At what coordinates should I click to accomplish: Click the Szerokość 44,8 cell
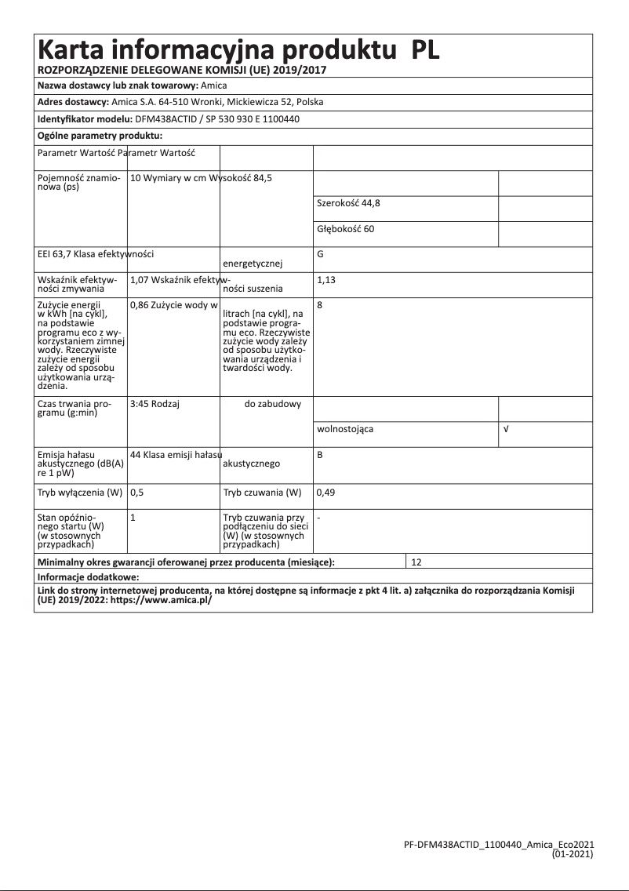coord(349,203)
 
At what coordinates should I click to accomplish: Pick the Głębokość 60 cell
coord(346,229)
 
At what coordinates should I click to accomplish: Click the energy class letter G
coord(320,254)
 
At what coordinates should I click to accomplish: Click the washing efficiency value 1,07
coord(139,278)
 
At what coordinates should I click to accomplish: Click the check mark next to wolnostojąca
coord(506,430)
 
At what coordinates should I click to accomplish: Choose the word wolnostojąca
coord(345,430)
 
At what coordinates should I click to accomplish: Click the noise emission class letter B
coord(320,454)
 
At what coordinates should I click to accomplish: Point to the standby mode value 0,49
coord(325,493)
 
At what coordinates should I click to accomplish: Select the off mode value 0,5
coord(136,493)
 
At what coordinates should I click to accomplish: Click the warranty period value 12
coord(416,562)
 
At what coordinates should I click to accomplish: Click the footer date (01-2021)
coord(573,853)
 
